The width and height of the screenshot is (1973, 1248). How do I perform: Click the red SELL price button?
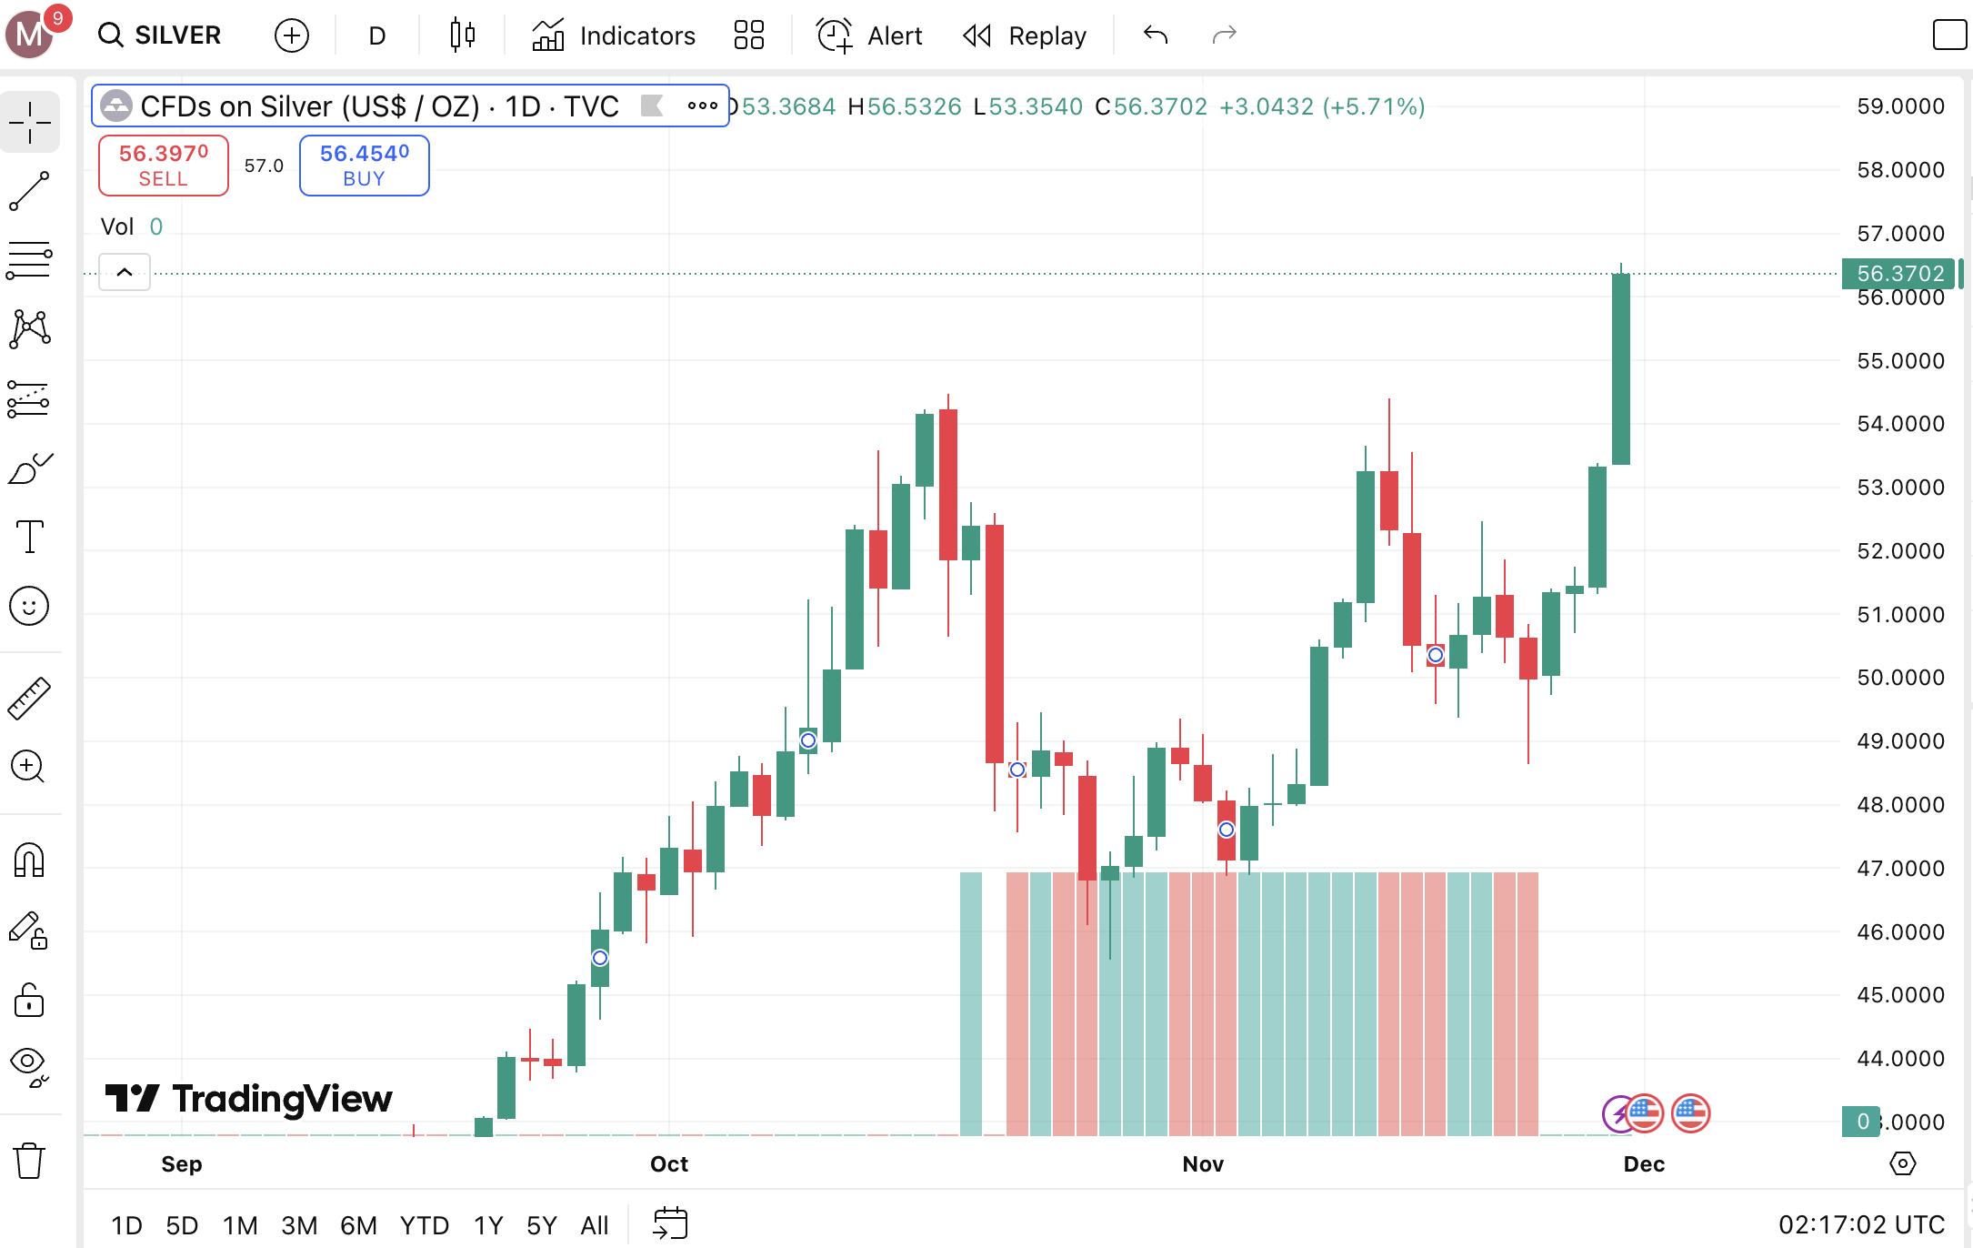(x=164, y=166)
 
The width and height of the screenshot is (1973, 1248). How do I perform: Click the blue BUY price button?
(x=364, y=166)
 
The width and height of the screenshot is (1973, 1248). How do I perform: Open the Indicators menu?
(x=614, y=35)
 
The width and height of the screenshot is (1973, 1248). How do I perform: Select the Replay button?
(x=1025, y=35)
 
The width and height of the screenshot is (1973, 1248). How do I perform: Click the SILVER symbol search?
(x=161, y=35)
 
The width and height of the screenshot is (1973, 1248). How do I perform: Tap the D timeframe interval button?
(x=377, y=35)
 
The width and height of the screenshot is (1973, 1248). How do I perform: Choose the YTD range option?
(x=424, y=1225)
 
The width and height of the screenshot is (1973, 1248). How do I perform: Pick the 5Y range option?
(x=541, y=1225)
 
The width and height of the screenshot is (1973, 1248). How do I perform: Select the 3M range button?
(x=299, y=1225)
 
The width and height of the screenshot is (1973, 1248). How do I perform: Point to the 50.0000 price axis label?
(x=1900, y=678)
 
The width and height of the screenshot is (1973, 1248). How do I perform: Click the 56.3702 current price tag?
(x=1898, y=274)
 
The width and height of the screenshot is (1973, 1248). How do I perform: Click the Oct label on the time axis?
(x=669, y=1164)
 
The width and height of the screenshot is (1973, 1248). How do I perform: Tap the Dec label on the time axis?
(x=1644, y=1164)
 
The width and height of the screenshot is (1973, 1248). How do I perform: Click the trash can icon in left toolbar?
(x=29, y=1161)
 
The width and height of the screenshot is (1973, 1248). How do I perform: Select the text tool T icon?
(x=29, y=537)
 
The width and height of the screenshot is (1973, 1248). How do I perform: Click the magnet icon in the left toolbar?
(x=29, y=860)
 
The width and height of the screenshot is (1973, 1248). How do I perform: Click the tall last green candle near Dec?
(x=1620, y=368)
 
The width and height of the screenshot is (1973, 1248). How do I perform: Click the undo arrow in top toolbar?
(x=1156, y=35)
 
